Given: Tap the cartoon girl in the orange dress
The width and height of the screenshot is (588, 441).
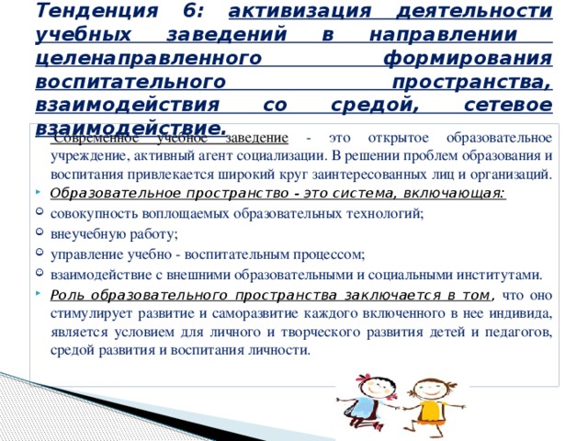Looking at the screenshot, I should pos(428,400).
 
